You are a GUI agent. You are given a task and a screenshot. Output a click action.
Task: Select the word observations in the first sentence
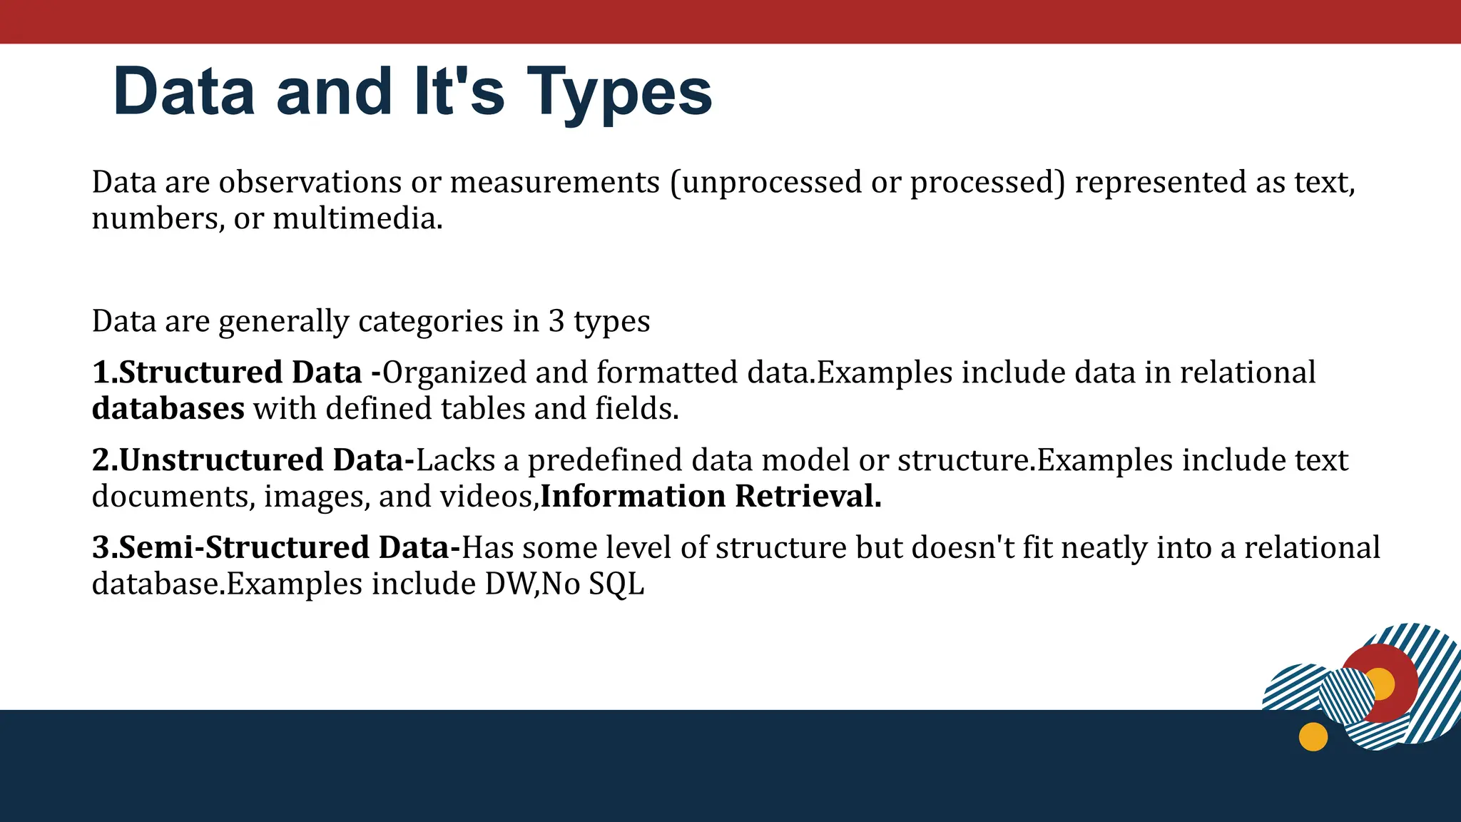click(310, 183)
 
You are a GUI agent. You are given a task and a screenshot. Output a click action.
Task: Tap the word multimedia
click(357, 219)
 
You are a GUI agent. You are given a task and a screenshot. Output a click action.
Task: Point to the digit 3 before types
click(556, 322)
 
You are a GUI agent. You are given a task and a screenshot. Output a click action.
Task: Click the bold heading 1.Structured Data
click(227, 373)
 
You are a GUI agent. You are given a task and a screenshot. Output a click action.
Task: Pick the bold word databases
click(168, 410)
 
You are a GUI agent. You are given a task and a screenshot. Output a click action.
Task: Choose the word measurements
click(555, 183)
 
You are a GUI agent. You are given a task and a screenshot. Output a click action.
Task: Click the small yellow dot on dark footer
click(1313, 736)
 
